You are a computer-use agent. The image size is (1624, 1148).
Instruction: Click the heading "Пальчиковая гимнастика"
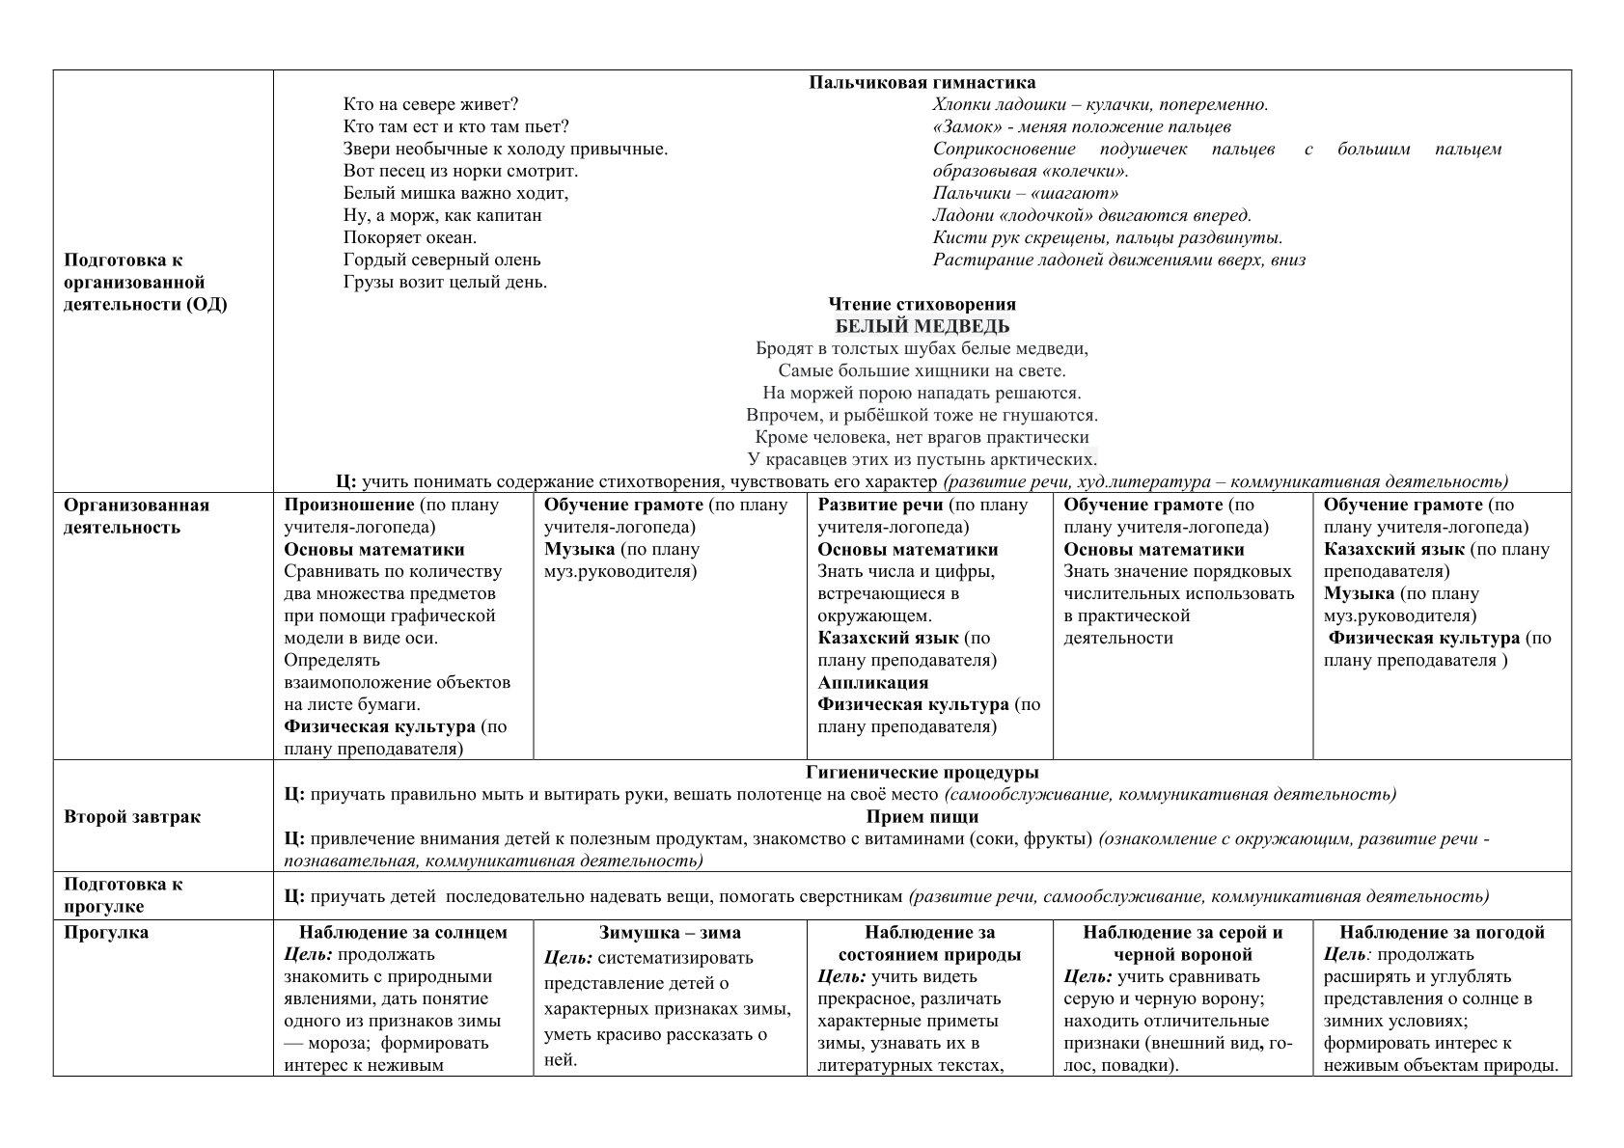pyautogui.click(x=922, y=83)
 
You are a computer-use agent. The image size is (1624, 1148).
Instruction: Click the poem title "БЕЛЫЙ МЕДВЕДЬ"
pyautogui.click(x=922, y=326)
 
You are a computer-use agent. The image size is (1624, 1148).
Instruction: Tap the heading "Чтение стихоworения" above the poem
pyautogui.click(x=922, y=304)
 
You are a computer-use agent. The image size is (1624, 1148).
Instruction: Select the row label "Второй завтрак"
pyautogui.click(x=132, y=817)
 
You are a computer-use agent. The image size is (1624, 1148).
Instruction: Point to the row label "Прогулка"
pyautogui.click(x=106, y=933)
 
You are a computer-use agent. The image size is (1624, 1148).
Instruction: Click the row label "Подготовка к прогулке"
pyautogui.click(x=124, y=895)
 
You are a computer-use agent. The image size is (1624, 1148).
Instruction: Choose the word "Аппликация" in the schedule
pyautogui.click(x=872, y=683)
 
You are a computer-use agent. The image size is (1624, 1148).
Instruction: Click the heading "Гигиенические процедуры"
pyautogui.click(x=922, y=773)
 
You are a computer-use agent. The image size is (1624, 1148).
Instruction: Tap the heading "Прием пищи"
pyautogui.click(x=922, y=817)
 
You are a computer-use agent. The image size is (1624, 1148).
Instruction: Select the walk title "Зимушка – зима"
pyautogui.click(x=670, y=933)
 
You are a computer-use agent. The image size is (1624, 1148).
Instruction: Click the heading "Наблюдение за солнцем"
pyautogui.click(x=402, y=933)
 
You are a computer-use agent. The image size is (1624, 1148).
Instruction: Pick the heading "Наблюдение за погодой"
pyautogui.click(x=1442, y=933)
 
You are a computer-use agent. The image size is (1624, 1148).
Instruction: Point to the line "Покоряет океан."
pyautogui.click(x=410, y=237)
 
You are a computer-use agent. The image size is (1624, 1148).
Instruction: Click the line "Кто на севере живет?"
pyautogui.click(x=431, y=104)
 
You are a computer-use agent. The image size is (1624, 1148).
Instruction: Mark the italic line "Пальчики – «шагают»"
pyautogui.click(x=1025, y=193)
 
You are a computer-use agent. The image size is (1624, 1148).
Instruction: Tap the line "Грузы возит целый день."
pyautogui.click(x=445, y=282)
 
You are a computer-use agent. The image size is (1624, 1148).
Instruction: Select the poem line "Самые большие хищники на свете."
pyautogui.click(x=922, y=370)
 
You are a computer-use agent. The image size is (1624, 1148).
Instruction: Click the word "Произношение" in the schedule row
pyautogui.click(x=349, y=505)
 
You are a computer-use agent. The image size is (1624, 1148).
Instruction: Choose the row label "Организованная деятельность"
pyautogui.click(x=136, y=516)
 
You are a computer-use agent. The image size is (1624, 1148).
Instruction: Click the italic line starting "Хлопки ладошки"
pyautogui.click(x=1100, y=104)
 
